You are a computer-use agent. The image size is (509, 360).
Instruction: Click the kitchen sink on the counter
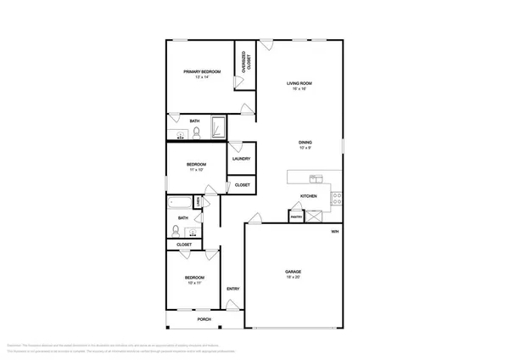click(316, 178)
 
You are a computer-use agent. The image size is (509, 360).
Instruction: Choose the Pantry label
click(295, 217)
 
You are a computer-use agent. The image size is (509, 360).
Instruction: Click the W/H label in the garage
click(334, 230)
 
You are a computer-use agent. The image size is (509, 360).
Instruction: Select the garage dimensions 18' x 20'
click(293, 278)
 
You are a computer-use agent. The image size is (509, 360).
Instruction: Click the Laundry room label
click(240, 158)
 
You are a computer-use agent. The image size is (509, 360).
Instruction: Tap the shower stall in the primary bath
click(218, 127)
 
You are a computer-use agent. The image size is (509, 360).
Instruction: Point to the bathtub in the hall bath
click(181, 204)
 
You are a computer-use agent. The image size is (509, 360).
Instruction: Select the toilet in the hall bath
click(176, 230)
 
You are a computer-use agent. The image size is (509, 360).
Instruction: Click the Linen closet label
click(197, 201)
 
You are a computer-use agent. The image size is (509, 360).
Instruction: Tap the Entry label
click(232, 289)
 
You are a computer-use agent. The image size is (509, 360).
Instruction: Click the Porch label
click(204, 320)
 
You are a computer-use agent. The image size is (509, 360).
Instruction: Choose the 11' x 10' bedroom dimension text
click(197, 170)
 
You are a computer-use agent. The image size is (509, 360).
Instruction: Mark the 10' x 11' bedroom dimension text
click(193, 284)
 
